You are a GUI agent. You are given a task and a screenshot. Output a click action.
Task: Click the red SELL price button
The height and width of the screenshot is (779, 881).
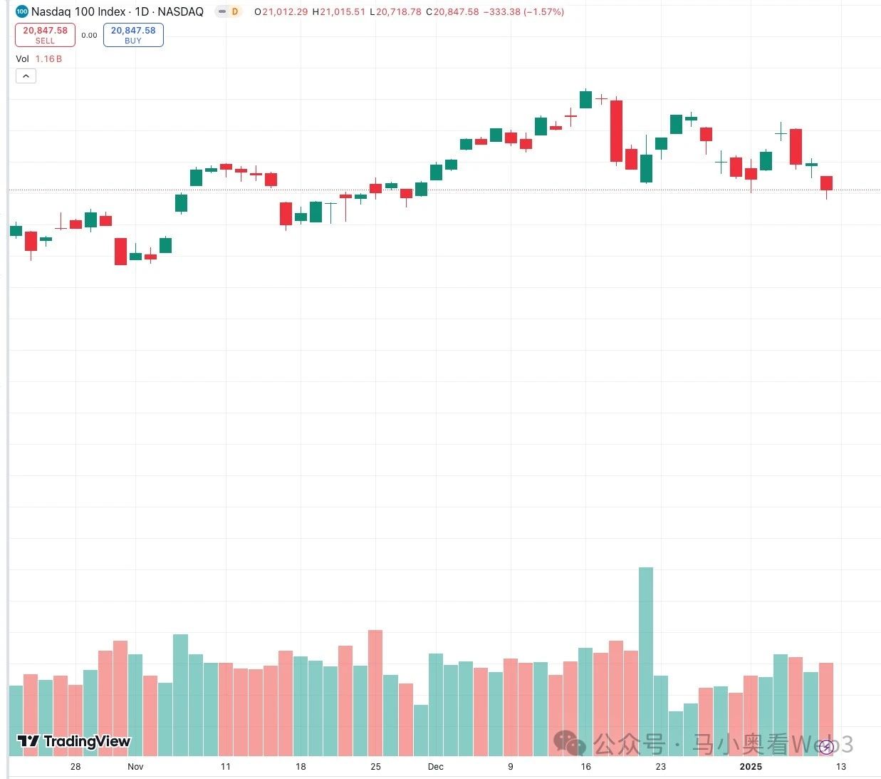pos(45,34)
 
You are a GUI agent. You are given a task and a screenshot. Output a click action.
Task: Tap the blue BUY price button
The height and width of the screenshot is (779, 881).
pos(133,34)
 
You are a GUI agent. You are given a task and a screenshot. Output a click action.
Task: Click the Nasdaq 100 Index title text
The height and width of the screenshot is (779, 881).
pos(117,11)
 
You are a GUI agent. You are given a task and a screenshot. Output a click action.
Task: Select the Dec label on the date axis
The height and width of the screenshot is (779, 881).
pos(435,766)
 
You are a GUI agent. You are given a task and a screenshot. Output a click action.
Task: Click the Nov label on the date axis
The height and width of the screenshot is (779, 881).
pos(135,766)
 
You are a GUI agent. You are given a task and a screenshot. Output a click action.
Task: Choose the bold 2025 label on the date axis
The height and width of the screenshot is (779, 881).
pos(751,766)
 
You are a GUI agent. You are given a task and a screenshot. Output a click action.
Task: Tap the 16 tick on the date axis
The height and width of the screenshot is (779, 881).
pos(585,766)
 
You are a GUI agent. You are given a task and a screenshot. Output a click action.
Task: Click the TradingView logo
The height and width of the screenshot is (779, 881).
pos(74,741)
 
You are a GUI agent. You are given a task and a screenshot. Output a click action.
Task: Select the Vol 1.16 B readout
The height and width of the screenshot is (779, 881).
pos(39,58)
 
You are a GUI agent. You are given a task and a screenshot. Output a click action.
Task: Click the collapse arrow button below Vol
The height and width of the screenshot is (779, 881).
pos(26,76)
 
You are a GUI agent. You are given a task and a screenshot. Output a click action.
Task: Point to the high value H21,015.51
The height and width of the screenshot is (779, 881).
pos(339,12)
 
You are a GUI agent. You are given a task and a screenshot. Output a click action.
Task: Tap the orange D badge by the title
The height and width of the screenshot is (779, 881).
pos(234,11)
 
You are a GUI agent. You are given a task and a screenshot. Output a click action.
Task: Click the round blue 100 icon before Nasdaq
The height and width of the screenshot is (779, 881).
pos(21,11)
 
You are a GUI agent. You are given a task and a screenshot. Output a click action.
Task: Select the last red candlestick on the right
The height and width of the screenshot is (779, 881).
pos(826,182)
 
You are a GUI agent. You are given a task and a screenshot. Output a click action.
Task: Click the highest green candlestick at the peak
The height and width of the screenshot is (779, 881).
pos(585,99)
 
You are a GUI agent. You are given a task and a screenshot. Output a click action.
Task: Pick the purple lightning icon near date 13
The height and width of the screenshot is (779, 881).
pos(826,747)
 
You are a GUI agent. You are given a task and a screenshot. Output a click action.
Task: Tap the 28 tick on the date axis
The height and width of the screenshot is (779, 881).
pos(75,766)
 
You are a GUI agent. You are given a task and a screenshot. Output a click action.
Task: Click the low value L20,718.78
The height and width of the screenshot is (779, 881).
pos(395,12)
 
